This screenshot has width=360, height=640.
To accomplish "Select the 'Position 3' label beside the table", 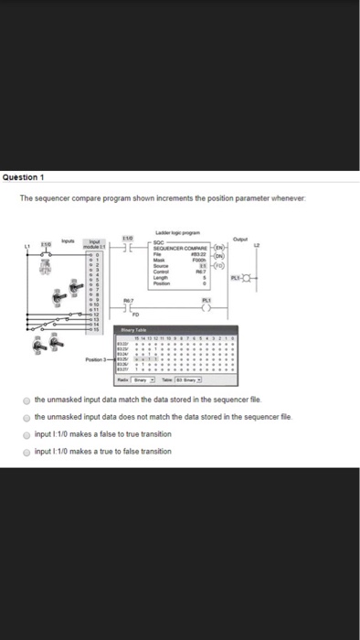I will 96,361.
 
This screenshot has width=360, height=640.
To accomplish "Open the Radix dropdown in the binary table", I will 141,381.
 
